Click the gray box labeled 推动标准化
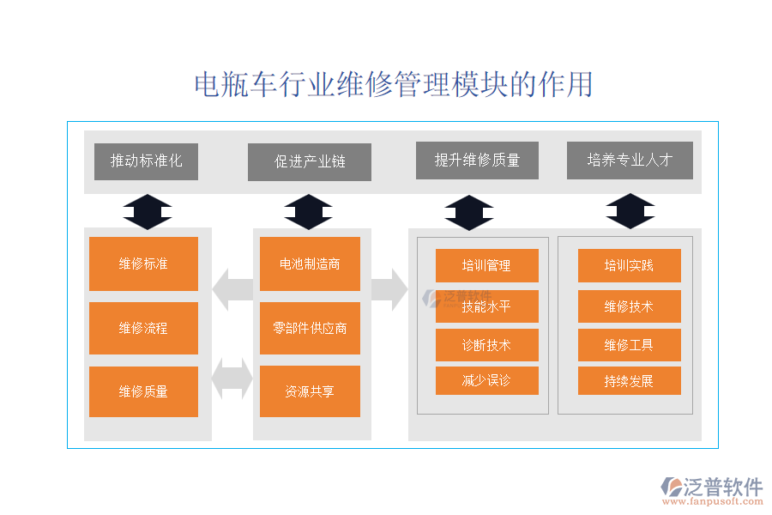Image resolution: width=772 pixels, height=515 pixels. tap(146, 161)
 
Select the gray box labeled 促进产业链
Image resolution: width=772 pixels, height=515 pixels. tap(310, 162)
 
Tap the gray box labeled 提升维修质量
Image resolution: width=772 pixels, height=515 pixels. tap(477, 161)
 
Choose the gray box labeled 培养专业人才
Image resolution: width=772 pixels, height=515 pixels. tap(630, 161)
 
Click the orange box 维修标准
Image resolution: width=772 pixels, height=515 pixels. tap(143, 264)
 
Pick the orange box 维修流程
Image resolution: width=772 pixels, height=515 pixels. tap(143, 328)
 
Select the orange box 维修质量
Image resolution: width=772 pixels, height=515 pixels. tap(143, 391)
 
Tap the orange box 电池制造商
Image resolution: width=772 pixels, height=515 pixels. tap(310, 264)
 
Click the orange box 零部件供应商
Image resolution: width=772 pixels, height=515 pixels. tap(310, 328)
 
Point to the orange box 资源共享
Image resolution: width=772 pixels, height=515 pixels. tap(310, 391)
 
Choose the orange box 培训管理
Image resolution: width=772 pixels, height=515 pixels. tap(486, 265)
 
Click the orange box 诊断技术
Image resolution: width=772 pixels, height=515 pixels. tap(486, 345)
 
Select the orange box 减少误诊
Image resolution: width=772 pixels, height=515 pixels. tap(486, 380)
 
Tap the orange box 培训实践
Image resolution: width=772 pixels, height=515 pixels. tap(629, 265)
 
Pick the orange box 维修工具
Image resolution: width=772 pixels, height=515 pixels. tap(629, 345)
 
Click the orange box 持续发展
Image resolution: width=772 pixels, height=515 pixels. tap(629, 380)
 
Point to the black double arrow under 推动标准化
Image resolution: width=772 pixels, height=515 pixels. tap(147, 212)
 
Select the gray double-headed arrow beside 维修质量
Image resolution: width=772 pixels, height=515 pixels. tap(232, 379)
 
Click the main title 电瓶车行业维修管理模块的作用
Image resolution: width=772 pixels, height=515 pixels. tap(393, 85)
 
